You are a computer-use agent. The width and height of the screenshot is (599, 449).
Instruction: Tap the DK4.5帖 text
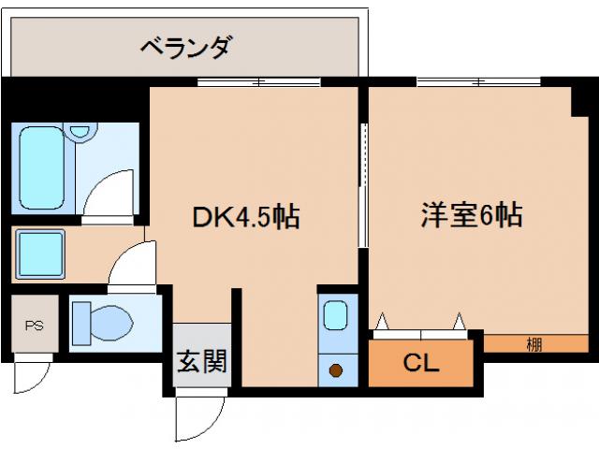(245, 218)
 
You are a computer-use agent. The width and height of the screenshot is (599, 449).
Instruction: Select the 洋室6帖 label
(470, 216)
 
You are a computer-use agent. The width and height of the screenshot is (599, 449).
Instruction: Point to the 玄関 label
(202, 361)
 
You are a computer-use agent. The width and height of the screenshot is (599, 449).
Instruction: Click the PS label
(35, 326)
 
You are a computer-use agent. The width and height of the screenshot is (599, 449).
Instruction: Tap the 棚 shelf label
(533, 343)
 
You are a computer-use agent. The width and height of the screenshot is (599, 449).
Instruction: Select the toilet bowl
(103, 324)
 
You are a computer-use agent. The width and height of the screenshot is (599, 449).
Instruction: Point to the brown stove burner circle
(334, 370)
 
